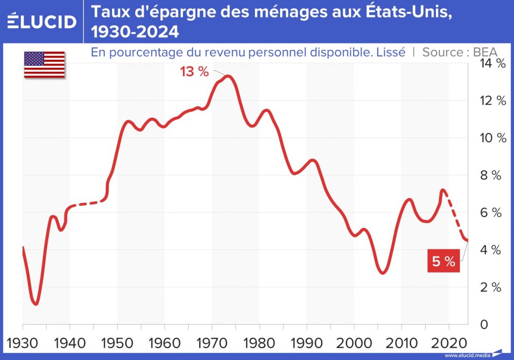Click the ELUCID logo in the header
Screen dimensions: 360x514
tap(42, 22)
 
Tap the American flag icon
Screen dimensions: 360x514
tap(44, 65)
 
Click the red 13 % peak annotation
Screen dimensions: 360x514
tap(194, 72)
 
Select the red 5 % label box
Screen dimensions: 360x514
tap(443, 261)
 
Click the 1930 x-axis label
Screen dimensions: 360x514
tap(23, 342)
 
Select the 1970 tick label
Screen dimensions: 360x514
tap(212, 342)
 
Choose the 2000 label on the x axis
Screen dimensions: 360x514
tap(355, 342)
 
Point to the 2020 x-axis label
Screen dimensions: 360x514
tap(449, 342)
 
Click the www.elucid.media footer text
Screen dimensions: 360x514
tap(467, 355)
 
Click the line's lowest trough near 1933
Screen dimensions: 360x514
tap(35, 303)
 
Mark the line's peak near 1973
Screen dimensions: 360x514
tap(228, 77)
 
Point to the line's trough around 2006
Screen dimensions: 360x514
tap(382, 272)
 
